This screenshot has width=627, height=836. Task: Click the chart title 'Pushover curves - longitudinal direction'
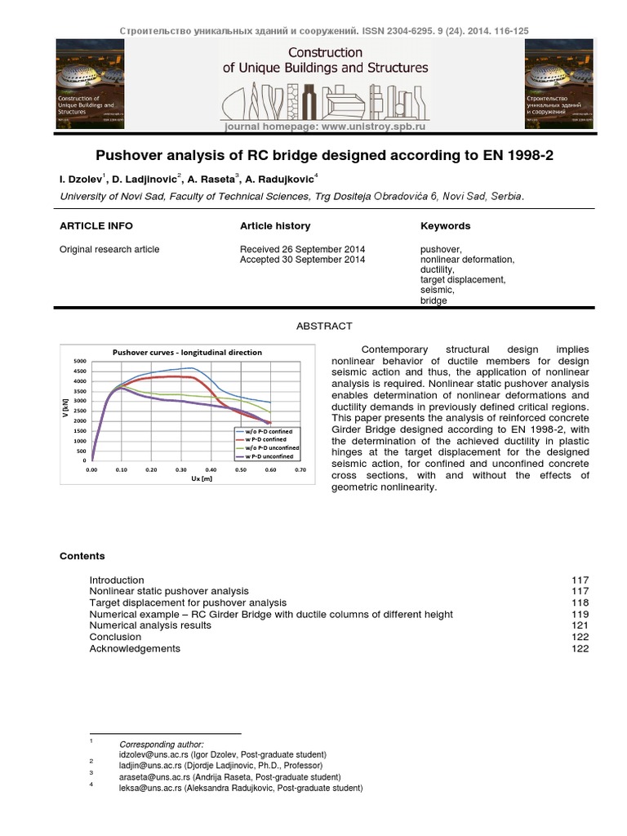point(187,353)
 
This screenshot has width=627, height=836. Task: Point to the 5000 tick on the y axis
point(79,361)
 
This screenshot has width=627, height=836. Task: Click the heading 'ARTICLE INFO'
point(96,226)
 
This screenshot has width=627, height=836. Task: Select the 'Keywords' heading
point(445,226)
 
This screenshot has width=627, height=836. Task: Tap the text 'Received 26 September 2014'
point(302,249)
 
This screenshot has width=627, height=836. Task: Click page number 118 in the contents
point(580,603)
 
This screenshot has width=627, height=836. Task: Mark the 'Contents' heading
point(82,556)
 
